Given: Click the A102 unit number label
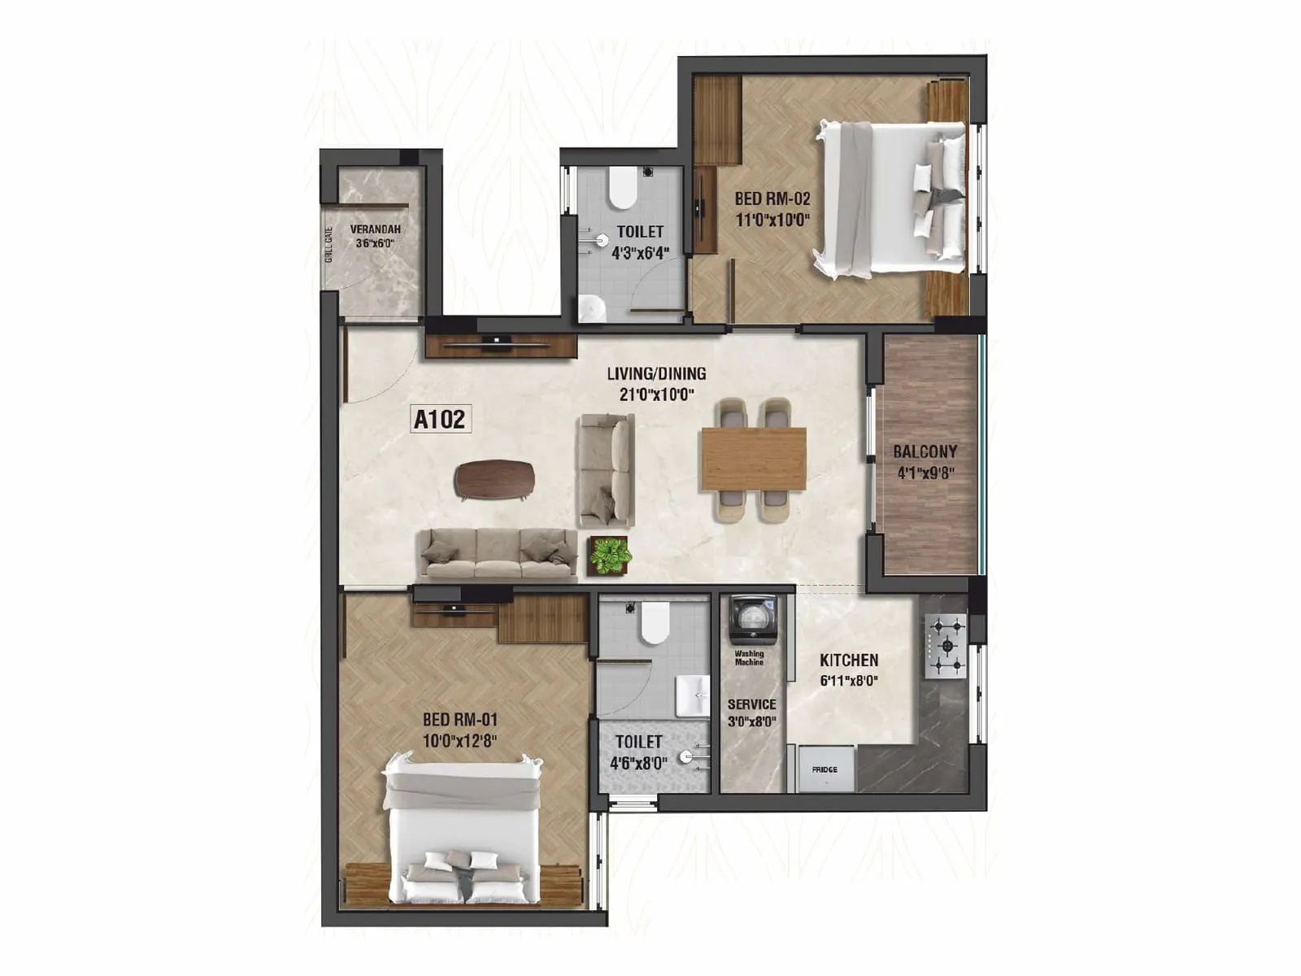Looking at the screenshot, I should [440, 420].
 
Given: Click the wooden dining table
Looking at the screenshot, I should [753, 459].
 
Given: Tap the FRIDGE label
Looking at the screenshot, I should [824, 769].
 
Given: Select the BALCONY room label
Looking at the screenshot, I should [925, 452].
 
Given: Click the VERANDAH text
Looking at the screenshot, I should [375, 230].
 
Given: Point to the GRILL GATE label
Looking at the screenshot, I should [329, 244].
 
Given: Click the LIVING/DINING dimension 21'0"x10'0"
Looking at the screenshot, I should [656, 395].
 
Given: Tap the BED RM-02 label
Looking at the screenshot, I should [772, 198].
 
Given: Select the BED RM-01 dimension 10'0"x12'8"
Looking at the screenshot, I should [459, 741].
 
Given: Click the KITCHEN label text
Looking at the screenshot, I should [848, 660].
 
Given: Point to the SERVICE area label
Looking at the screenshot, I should [751, 704].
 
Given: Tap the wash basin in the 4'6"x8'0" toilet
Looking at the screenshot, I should [694, 695].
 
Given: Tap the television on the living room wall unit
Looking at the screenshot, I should [495, 339].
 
